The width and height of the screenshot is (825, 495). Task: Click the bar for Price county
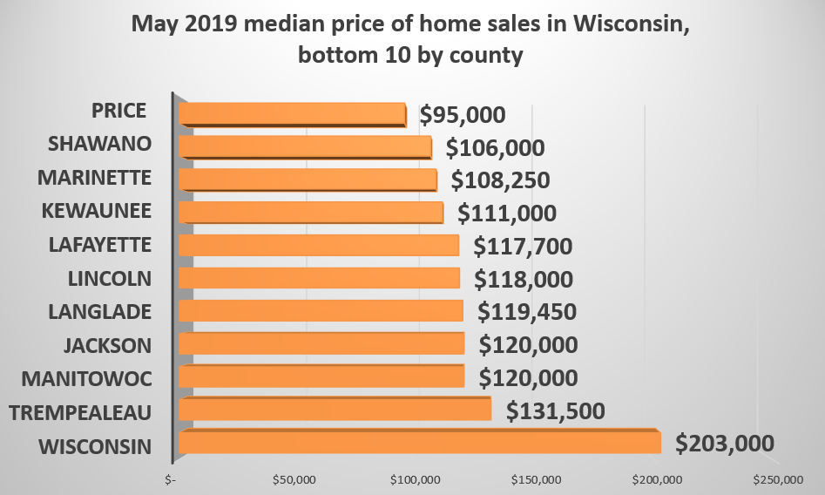click(292, 115)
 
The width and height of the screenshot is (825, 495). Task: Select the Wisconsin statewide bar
click(418, 443)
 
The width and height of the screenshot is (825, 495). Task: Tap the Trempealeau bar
click(335, 410)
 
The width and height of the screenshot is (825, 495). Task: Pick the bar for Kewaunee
click(310, 213)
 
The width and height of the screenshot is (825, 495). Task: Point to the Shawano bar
click(304, 147)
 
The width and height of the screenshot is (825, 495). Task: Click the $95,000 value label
click(462, 115)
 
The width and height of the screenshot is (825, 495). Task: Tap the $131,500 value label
click(555, 410)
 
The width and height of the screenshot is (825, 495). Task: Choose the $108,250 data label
click(501, 180)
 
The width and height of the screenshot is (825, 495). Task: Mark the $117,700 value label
click(523, 247)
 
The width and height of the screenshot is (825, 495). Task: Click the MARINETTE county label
click(95, 178)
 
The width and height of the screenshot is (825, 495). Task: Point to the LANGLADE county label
click(100, 311)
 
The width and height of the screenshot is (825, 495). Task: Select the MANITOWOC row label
click(87, 379)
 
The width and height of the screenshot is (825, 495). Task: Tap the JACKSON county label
click(107, 345)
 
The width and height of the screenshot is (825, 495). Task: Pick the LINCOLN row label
click(110, 279)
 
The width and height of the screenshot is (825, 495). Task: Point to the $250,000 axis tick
click(778, 480)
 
